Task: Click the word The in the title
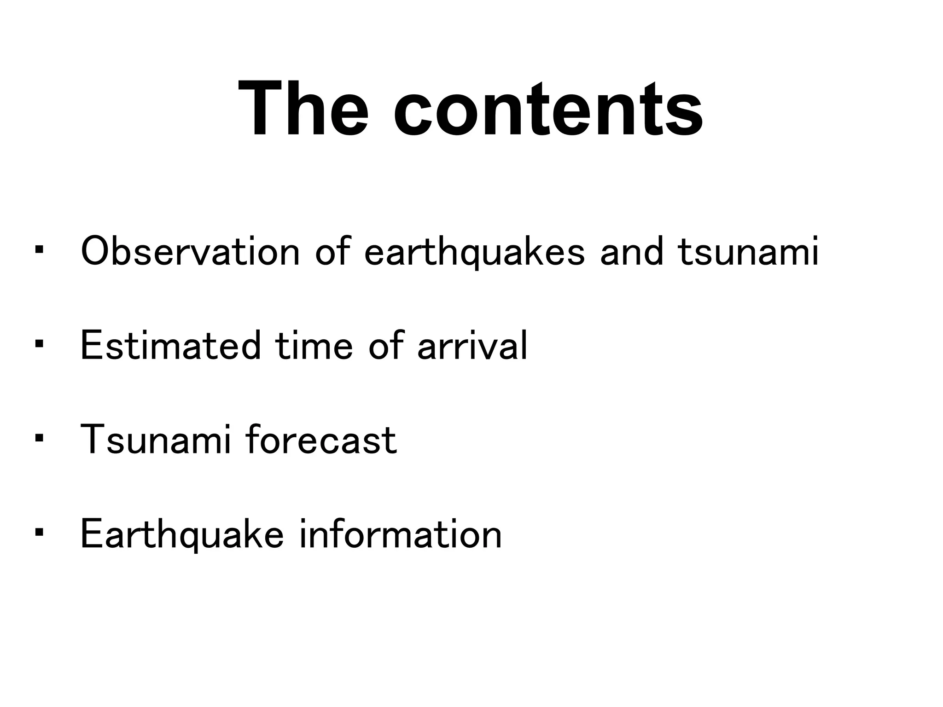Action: point(303,109)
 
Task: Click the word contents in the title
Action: point(548,109)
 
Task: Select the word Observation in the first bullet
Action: point(190,252)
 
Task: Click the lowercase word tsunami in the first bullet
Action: point(748,252)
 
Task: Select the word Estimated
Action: point(171,346)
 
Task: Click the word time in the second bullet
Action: point(314,346)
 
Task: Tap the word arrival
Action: point(472,346)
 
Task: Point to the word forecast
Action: point(321,440)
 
